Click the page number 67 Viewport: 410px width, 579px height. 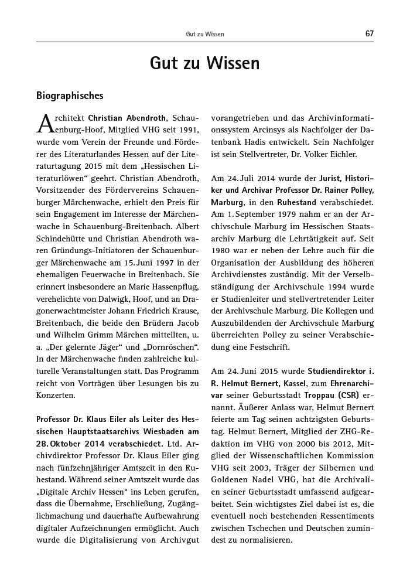coord(369,34)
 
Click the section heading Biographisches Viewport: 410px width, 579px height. coord(70,95)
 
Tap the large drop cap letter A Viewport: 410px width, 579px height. coord(46,122)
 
